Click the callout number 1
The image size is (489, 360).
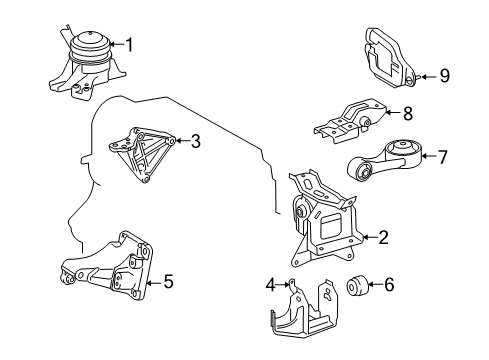[x=127, y=44]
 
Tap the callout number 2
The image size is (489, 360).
[x=383, y=237]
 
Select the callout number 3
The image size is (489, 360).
[x=196, y=142]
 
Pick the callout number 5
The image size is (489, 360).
[x=168, y=283]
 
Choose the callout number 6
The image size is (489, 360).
[x=389, y=284]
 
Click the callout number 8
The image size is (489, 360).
[x=407, y=115]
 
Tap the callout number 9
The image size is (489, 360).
[x=445, y=74]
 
